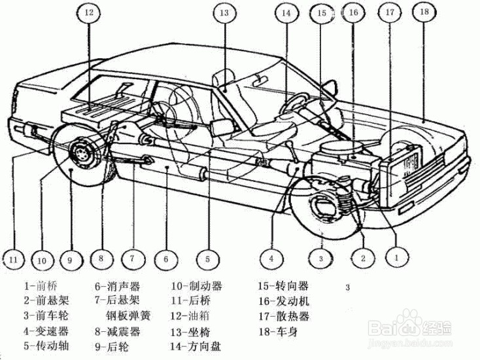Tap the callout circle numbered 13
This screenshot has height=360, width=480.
point(224,14)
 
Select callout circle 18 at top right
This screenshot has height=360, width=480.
point(424,12)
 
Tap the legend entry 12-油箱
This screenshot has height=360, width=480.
point(194,316)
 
